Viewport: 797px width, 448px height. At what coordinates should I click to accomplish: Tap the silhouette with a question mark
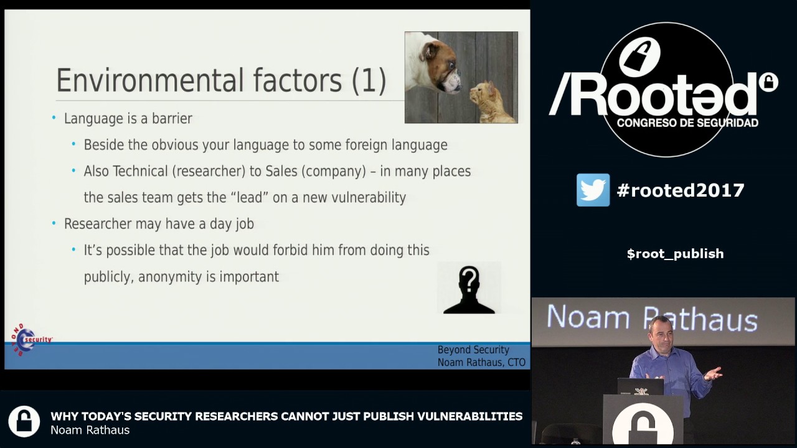coord(469,289)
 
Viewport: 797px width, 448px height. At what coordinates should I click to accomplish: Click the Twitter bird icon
coord(593,190)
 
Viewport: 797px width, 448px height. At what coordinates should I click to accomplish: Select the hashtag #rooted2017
coord(681,190)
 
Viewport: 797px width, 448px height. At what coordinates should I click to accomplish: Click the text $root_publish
coord(675,254)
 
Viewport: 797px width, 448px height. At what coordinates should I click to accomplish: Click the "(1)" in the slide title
coord(369,81)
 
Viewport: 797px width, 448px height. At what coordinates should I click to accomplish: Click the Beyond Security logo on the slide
coord(28,339)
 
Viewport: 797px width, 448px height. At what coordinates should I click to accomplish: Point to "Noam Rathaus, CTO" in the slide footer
coord(481,362)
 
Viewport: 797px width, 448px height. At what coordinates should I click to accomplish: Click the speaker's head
coord(659,333)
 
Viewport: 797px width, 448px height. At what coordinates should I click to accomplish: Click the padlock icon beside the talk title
coord(24,421)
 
